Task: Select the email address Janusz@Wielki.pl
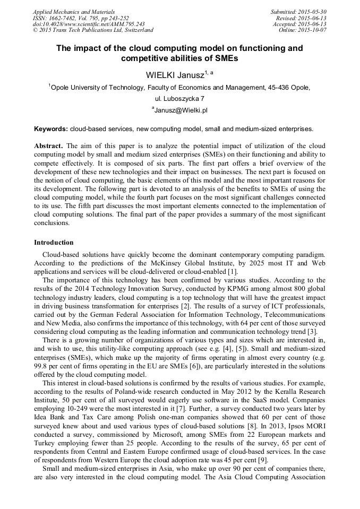tap(181, 110)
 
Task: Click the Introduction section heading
tap(54, 243)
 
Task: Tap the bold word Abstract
tap(48, 145)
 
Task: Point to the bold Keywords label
tap(50, 128)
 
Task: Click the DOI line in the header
tap(89, 24)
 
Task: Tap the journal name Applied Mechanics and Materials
tap(74, 12)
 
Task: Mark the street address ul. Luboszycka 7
tap(179, 99)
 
